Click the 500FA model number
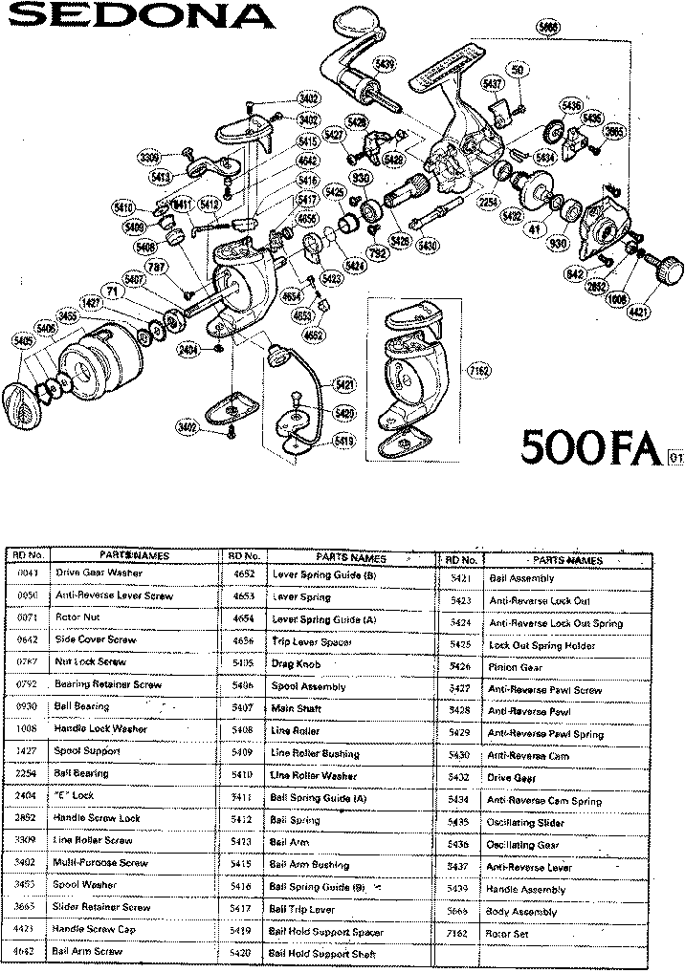[590, 446]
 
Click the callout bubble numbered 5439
[384, 64]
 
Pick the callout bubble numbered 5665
[547, 28]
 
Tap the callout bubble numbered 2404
[188, 351]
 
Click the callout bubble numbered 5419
[342, 442]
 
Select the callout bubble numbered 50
[518, 70]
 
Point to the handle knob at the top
[350, 18]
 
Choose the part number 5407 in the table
[242, 708]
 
